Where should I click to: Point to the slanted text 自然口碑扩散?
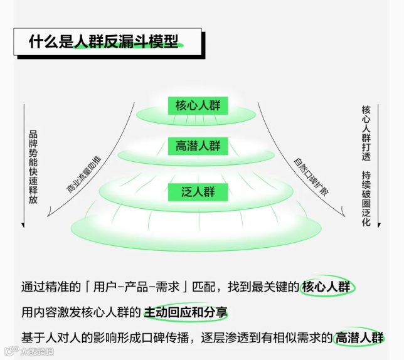point(311,171)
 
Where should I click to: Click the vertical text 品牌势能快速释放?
point(33,167)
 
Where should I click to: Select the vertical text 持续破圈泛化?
point(366,199)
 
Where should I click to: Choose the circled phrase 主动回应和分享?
point(186,312)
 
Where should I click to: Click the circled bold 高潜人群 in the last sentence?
point(359,337)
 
